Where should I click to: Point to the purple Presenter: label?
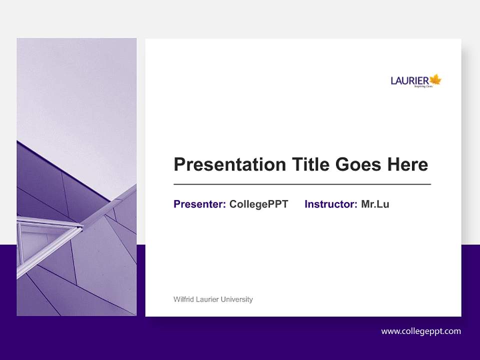click(x=199, y=204)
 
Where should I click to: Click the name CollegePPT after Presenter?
click(x=258, y=204)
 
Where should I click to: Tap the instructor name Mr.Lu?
click(x=375, y=204)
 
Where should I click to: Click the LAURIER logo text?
click(x=409, y=80)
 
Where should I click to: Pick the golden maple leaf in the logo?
click(x=435, y=79)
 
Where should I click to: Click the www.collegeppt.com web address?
click(x=421, y=331)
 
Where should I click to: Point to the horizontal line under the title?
click(x=302, y=184)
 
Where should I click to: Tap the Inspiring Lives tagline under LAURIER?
click(x=423, y=86)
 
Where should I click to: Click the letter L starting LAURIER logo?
click(x=393, y=81)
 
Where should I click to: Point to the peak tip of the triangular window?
click(x=82, y=227)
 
